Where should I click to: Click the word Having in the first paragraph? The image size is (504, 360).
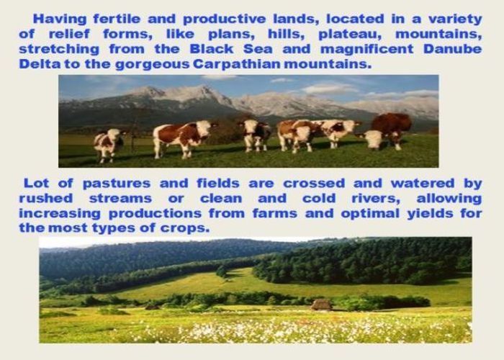(60, 19)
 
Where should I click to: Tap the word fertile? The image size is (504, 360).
(117, 19)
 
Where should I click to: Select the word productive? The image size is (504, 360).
(225, 19)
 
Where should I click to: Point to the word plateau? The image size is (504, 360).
(350, 35)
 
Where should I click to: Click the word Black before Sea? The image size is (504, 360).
(212, 49)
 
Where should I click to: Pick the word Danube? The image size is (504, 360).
(453, 49)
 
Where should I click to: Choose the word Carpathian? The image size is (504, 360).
(237, 64)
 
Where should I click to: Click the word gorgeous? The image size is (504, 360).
(153, 65)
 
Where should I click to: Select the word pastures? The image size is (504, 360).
(117, 184)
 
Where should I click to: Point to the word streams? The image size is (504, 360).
(120, 199)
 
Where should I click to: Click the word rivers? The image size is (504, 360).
(376, 199)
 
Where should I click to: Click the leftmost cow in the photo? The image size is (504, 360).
(109, 144)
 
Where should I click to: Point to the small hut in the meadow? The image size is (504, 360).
(321, 305)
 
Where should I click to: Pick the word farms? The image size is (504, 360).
(275, 213)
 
